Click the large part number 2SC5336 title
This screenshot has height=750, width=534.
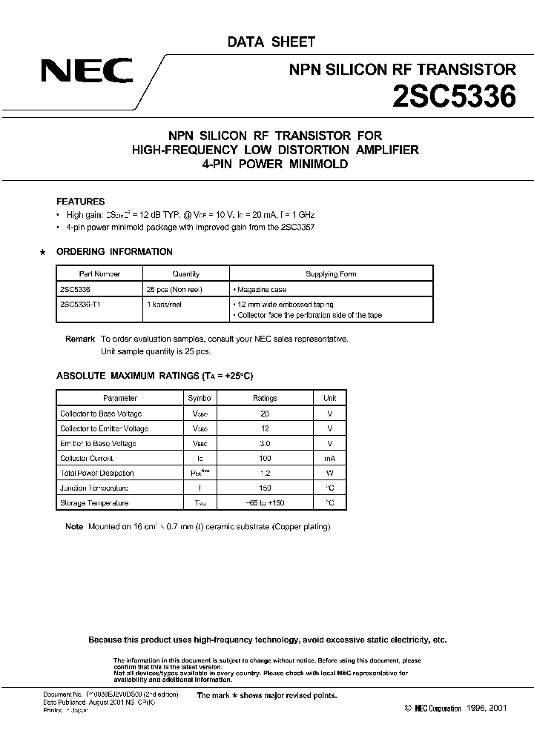point(453,98)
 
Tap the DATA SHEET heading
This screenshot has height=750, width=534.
point(271,42)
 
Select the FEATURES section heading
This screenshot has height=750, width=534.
point(81,202)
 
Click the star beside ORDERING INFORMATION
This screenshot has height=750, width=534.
point(42,252)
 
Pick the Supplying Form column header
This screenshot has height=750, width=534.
point(331,274)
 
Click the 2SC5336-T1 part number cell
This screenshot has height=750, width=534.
point(80,304)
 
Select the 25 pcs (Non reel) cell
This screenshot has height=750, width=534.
point(174,290)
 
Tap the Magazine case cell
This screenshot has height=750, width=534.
point(260,290)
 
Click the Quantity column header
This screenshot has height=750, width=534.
point(185,274)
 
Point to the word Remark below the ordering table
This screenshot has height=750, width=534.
point(80,339)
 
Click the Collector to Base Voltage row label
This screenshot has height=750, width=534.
point(101,414)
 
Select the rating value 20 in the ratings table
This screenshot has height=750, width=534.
point(265,414)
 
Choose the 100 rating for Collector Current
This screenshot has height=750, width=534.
point(265,458)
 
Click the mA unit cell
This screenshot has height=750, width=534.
point(330,458)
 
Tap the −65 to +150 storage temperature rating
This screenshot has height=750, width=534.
point(265,503)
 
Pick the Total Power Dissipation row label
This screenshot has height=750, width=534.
point(97,473)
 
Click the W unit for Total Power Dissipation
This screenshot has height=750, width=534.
point(330,473)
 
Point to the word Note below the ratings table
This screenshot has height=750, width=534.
point(74,527)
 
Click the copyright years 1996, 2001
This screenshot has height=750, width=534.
point(486,708)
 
